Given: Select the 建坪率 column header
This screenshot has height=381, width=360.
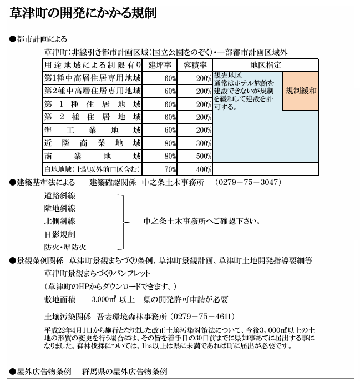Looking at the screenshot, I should tap(160, 64).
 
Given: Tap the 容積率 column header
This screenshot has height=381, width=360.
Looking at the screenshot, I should tap(195, 64).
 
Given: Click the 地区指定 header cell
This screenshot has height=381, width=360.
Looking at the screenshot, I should tap(266, 64).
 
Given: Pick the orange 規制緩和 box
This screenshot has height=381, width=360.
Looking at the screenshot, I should tap(301, 91).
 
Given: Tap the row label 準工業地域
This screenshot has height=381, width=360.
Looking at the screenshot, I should tap(92, 130).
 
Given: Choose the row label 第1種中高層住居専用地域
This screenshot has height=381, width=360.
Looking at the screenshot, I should tap(92, 77).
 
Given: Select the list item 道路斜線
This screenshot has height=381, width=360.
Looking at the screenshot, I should tap(60, 196).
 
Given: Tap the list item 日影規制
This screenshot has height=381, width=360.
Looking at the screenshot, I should tap(60, 234).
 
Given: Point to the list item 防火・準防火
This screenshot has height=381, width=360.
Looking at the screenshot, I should tap(65, 247).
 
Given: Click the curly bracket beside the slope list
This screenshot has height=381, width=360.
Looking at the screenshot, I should tap(124, 221).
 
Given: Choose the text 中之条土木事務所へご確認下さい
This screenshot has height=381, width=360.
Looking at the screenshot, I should tap(202, 221).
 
